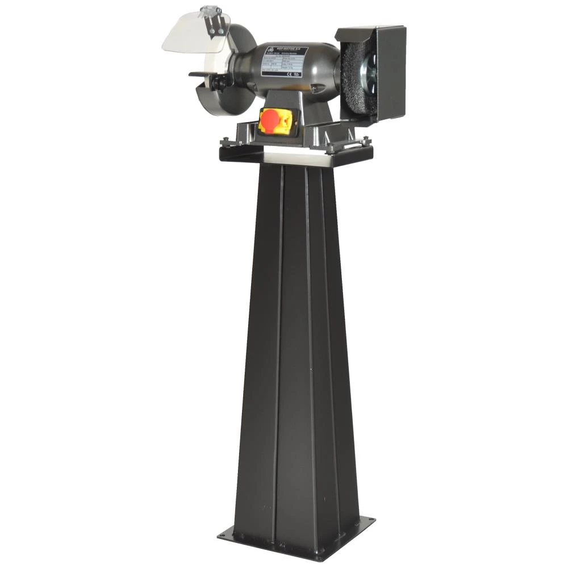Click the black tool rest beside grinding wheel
pyautogui.click(x=202, y=74)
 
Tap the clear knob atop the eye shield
pyautogui.click(x=211, y=10)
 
